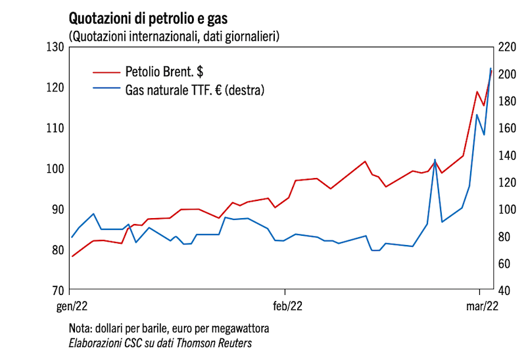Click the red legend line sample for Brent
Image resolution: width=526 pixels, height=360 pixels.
coord(105,70)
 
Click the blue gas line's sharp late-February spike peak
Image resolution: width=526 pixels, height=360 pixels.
coord(435,160)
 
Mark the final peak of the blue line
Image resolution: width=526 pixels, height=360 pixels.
coord(490,68)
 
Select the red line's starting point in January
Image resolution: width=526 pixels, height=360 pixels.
coord(72,256)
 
